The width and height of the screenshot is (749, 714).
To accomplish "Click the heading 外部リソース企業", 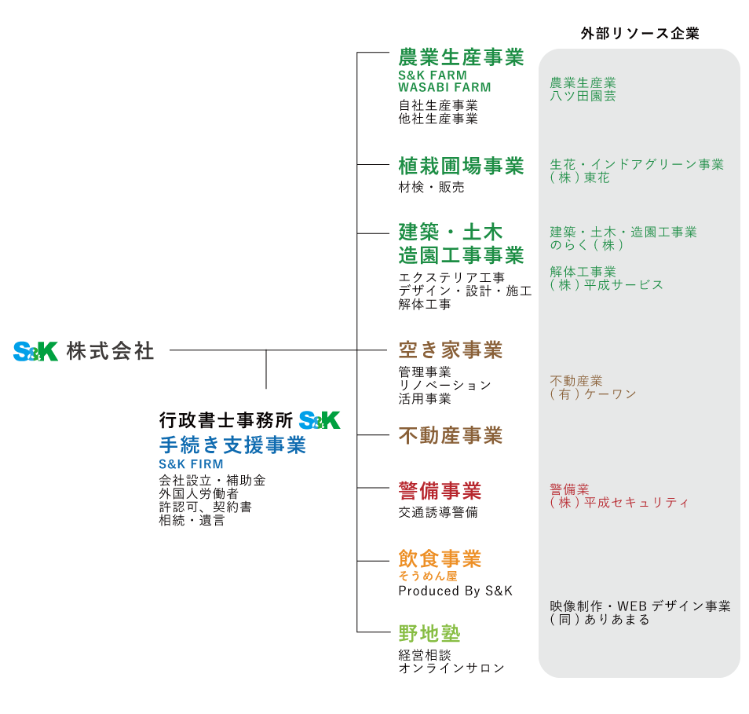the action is (x=640, y=34).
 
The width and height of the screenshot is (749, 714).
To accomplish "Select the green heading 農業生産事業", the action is (x=462, y=57).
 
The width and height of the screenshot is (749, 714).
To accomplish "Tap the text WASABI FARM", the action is (x=444, y=87).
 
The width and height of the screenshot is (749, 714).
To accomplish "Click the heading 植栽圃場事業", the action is (x=462, y=166).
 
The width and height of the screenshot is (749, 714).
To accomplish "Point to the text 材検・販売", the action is (x=431, y=188).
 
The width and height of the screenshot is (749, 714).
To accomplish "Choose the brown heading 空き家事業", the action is (x=451, y=350).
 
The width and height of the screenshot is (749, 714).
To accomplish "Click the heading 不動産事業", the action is (x=451, y=435).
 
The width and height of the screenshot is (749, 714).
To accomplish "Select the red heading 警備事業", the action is (x=440, y=491).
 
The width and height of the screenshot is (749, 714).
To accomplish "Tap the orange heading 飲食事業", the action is (x=440, y=558).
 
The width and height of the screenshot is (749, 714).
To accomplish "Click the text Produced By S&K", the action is (x=455, y=591).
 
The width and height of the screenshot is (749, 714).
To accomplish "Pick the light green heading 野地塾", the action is (x=429, y=634).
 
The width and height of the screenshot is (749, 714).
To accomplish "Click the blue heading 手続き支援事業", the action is (x=232, y=445).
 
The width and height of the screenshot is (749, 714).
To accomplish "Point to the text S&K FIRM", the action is (x=191, y=464).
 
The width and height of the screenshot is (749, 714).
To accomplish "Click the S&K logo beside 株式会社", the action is (x=36, y=351).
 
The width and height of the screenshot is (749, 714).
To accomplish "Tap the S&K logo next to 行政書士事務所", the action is (x=320, y=420).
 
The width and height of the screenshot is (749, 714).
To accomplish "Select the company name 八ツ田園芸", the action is (x=583, y=96).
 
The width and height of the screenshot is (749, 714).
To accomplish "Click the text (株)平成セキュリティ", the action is (x=619, y=503).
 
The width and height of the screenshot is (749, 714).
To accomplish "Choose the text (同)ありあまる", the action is (x=600, y=620).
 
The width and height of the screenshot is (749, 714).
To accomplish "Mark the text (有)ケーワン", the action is (x=593, y=394).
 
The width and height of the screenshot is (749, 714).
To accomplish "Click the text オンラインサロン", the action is (x=451, y=668).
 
